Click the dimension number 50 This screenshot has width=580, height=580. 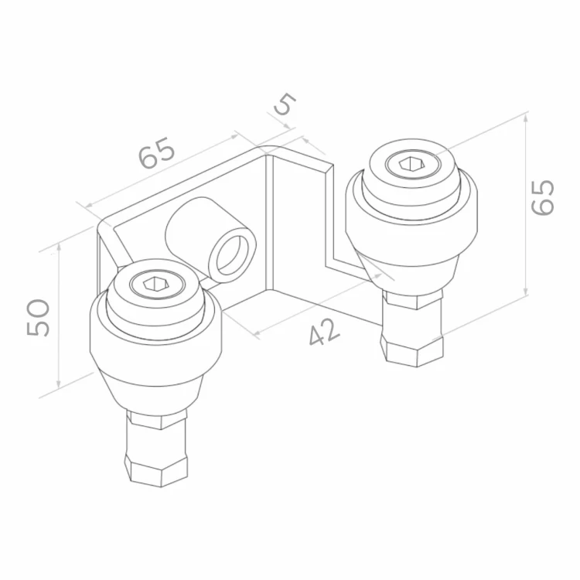click(38, 318)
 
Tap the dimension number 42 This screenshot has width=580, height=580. click(324, 333)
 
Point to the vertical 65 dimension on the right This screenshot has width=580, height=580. click(543, 197)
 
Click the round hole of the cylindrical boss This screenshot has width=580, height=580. click(232, 254)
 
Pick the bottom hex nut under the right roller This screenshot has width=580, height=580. click(411, 350)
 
